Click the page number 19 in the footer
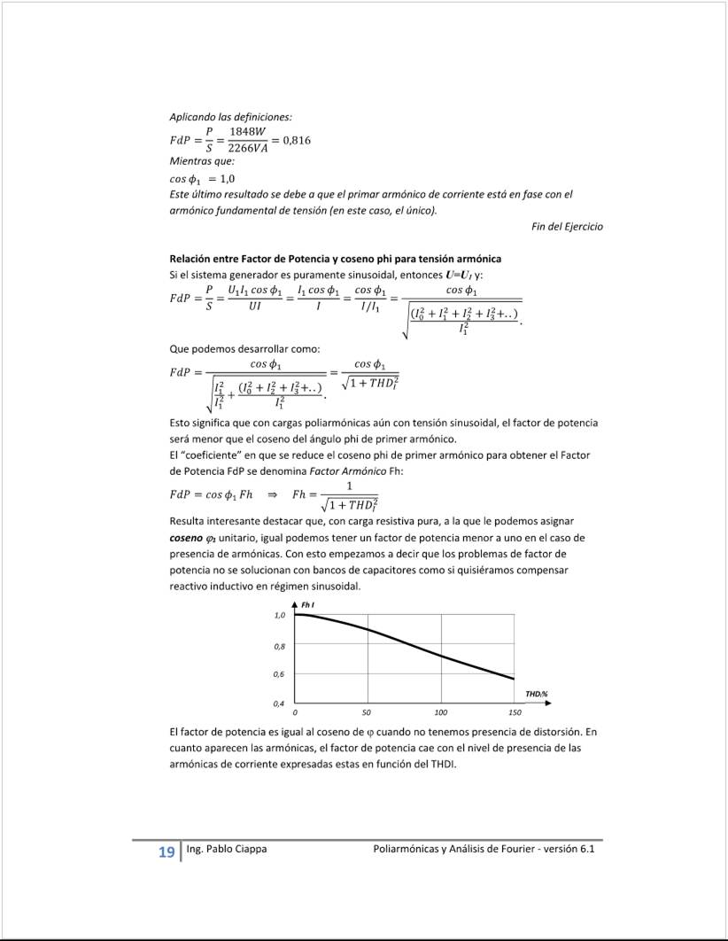pyautogui.click(x=166, y=852)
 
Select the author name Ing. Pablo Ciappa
pyautogui.click(x=227, y=850)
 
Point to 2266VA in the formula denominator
pyautogui.click(x=247, y=148)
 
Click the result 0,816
pyautogui.click(x=297, y=140)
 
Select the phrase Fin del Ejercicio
pyautogui.click(x=567, y=227)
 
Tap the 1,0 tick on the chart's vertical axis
pyautogui.click(x=280, y=615)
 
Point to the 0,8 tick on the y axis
pyautogui.click(x=280, y=646)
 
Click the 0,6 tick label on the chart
pyautogui.click(x=280, y=674)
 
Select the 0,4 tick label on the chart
pyautogui.click(x=280, y=704)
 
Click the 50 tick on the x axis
pyautogui.click(x=367, y=712)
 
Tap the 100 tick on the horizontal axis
pyautogui.click(x=441, y=712)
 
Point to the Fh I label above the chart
pyautogui.click(x=309, y=604)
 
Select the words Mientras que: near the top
pyautogui.click(x=202, y=161)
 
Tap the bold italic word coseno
pyautogui.click(x=185, y=538)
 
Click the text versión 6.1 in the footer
pyautogui.click(x=569, y=850)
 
